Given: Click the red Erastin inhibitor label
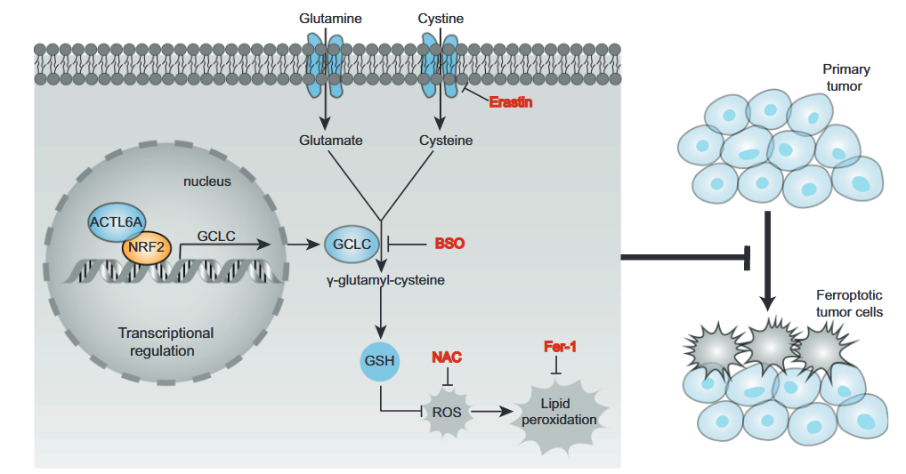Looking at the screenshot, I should (x=511, y=102).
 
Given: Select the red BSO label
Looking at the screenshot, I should (x=449, y=243).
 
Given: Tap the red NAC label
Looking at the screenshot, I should (x=447, y=358).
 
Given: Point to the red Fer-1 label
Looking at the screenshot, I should (x=560, y=346).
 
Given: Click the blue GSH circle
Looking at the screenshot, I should (x=380, y=361).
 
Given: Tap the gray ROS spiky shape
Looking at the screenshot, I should (x=447, y=412).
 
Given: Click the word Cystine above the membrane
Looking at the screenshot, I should (x=441, y=18).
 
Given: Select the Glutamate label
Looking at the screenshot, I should (x=331, y=141).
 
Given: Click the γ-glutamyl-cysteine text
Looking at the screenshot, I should (x=384, y=279).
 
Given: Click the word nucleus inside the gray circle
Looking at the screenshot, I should (x=207, y=181).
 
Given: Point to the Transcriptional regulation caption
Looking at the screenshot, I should (x=166, y=341).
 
